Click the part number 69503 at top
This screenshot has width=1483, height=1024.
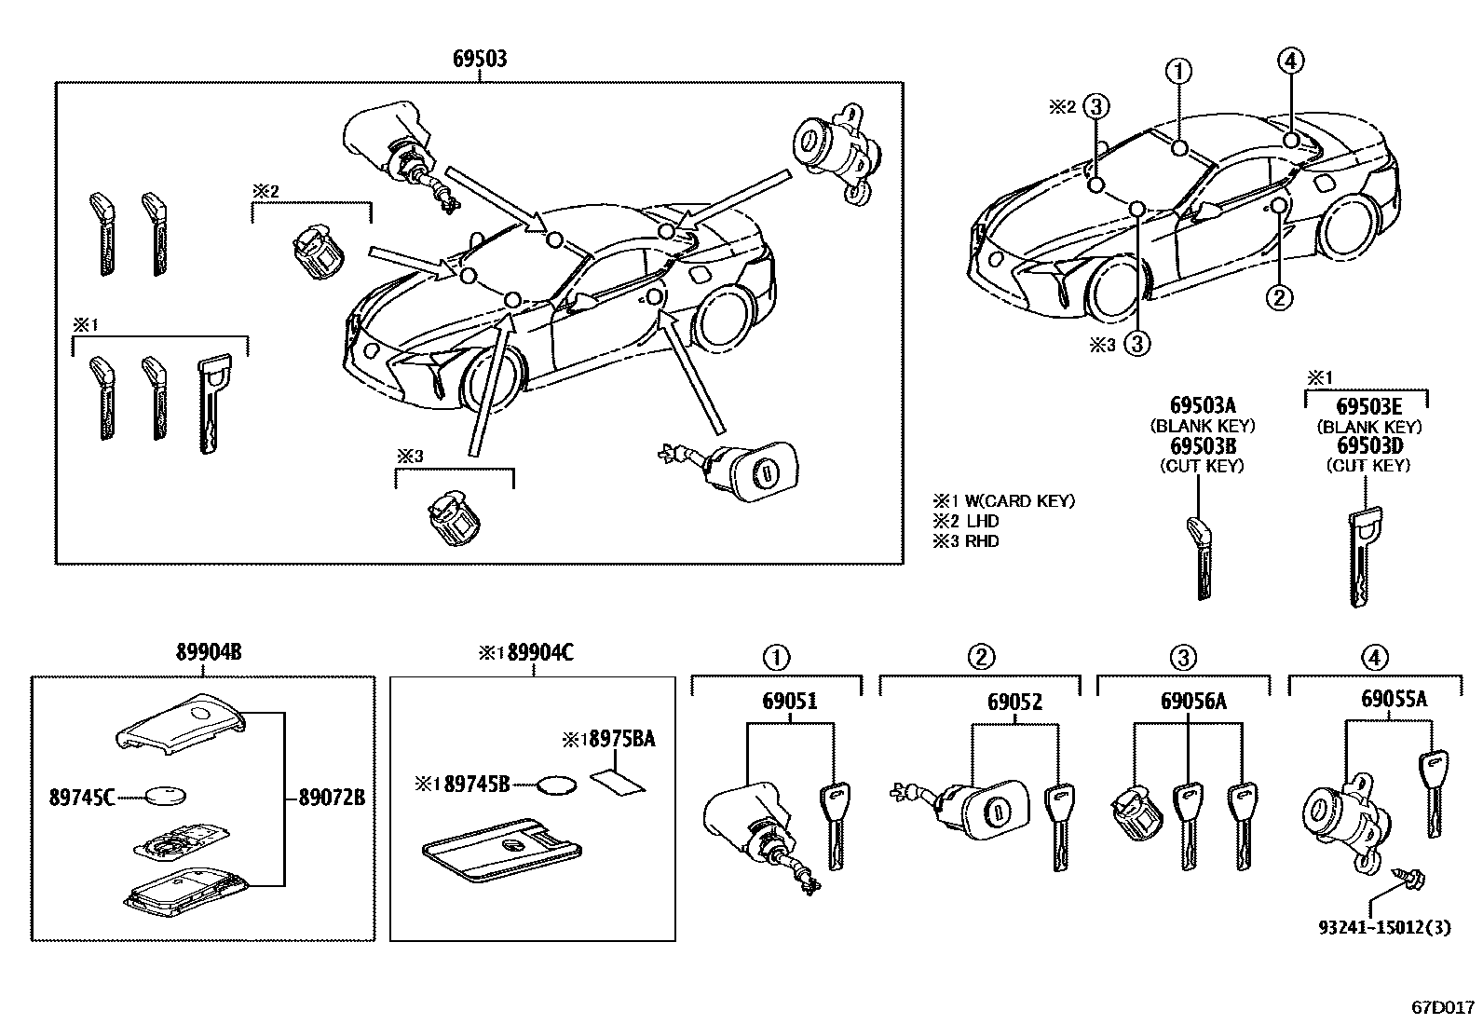click(480, 59)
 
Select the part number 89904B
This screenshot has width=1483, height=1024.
click(209, 653)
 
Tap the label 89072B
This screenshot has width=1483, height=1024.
click(331, 798)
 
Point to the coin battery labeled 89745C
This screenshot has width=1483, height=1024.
click(166, 796)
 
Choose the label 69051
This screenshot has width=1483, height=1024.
click(790, 702)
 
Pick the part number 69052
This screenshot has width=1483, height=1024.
click(1014, 702)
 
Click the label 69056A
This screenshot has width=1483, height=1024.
click(1192, 702)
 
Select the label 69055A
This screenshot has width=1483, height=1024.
click(1395, 699)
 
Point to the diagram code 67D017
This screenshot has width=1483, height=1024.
click(1444, 1007)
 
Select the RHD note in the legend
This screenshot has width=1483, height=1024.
click(980, 540)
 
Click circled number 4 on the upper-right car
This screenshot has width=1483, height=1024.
click(1289, 61)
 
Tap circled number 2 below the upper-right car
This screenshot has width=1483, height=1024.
click(1278, 297)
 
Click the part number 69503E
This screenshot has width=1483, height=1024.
click(1368, 406)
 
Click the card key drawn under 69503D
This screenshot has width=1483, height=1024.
click(1363, 556)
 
